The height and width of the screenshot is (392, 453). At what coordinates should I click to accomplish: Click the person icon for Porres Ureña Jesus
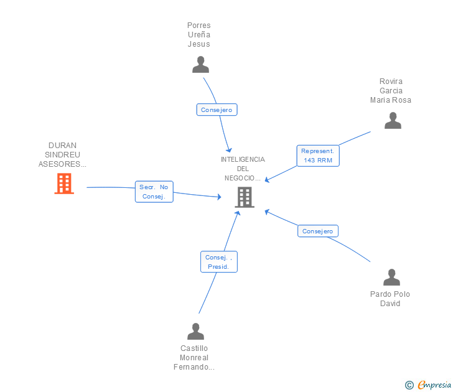(x=200, y=65)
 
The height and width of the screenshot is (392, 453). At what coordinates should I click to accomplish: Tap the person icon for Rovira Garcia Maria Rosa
(x=393, y=121)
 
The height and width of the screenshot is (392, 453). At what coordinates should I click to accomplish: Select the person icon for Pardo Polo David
(x=391, y=277)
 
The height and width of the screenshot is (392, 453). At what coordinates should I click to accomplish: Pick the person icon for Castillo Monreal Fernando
(x=195, y=331)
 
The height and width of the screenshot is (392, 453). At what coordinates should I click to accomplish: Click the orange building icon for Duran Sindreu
(x=64, y=184)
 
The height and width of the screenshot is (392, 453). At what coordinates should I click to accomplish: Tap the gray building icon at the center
(x=245, y=197)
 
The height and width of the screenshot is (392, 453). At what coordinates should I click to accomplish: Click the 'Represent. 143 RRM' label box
(x=318, y=156)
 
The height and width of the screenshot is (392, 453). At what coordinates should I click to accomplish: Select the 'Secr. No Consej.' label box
(x=154, y=192)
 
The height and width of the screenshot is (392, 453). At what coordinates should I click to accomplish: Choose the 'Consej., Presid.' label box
(x=218, y=262)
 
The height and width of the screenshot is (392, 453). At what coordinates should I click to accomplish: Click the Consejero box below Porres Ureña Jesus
(x=217, y=110)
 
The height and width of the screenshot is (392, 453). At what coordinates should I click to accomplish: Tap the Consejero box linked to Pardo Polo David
(x=318, y=231)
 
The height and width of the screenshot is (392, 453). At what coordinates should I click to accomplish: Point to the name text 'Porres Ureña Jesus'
(x=198, y=35)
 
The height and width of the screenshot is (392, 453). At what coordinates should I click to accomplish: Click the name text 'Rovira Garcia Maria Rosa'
(x=391, y=91)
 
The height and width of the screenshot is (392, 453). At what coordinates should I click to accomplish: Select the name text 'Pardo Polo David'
(x=390, y=299)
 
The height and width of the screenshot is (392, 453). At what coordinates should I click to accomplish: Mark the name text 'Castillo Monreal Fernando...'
(x=194, y=358)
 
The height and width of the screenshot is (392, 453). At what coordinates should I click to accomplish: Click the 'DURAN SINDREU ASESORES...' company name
(x=62, y=154)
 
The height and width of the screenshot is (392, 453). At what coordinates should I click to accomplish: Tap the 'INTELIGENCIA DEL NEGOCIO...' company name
(x=243, y=169)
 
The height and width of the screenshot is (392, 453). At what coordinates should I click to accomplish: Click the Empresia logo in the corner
(x=428, y=385)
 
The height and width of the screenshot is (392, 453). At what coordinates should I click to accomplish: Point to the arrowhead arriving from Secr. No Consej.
(x=219, y=197)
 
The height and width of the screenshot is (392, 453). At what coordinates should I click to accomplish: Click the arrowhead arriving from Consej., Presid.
(x=238, y=213)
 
